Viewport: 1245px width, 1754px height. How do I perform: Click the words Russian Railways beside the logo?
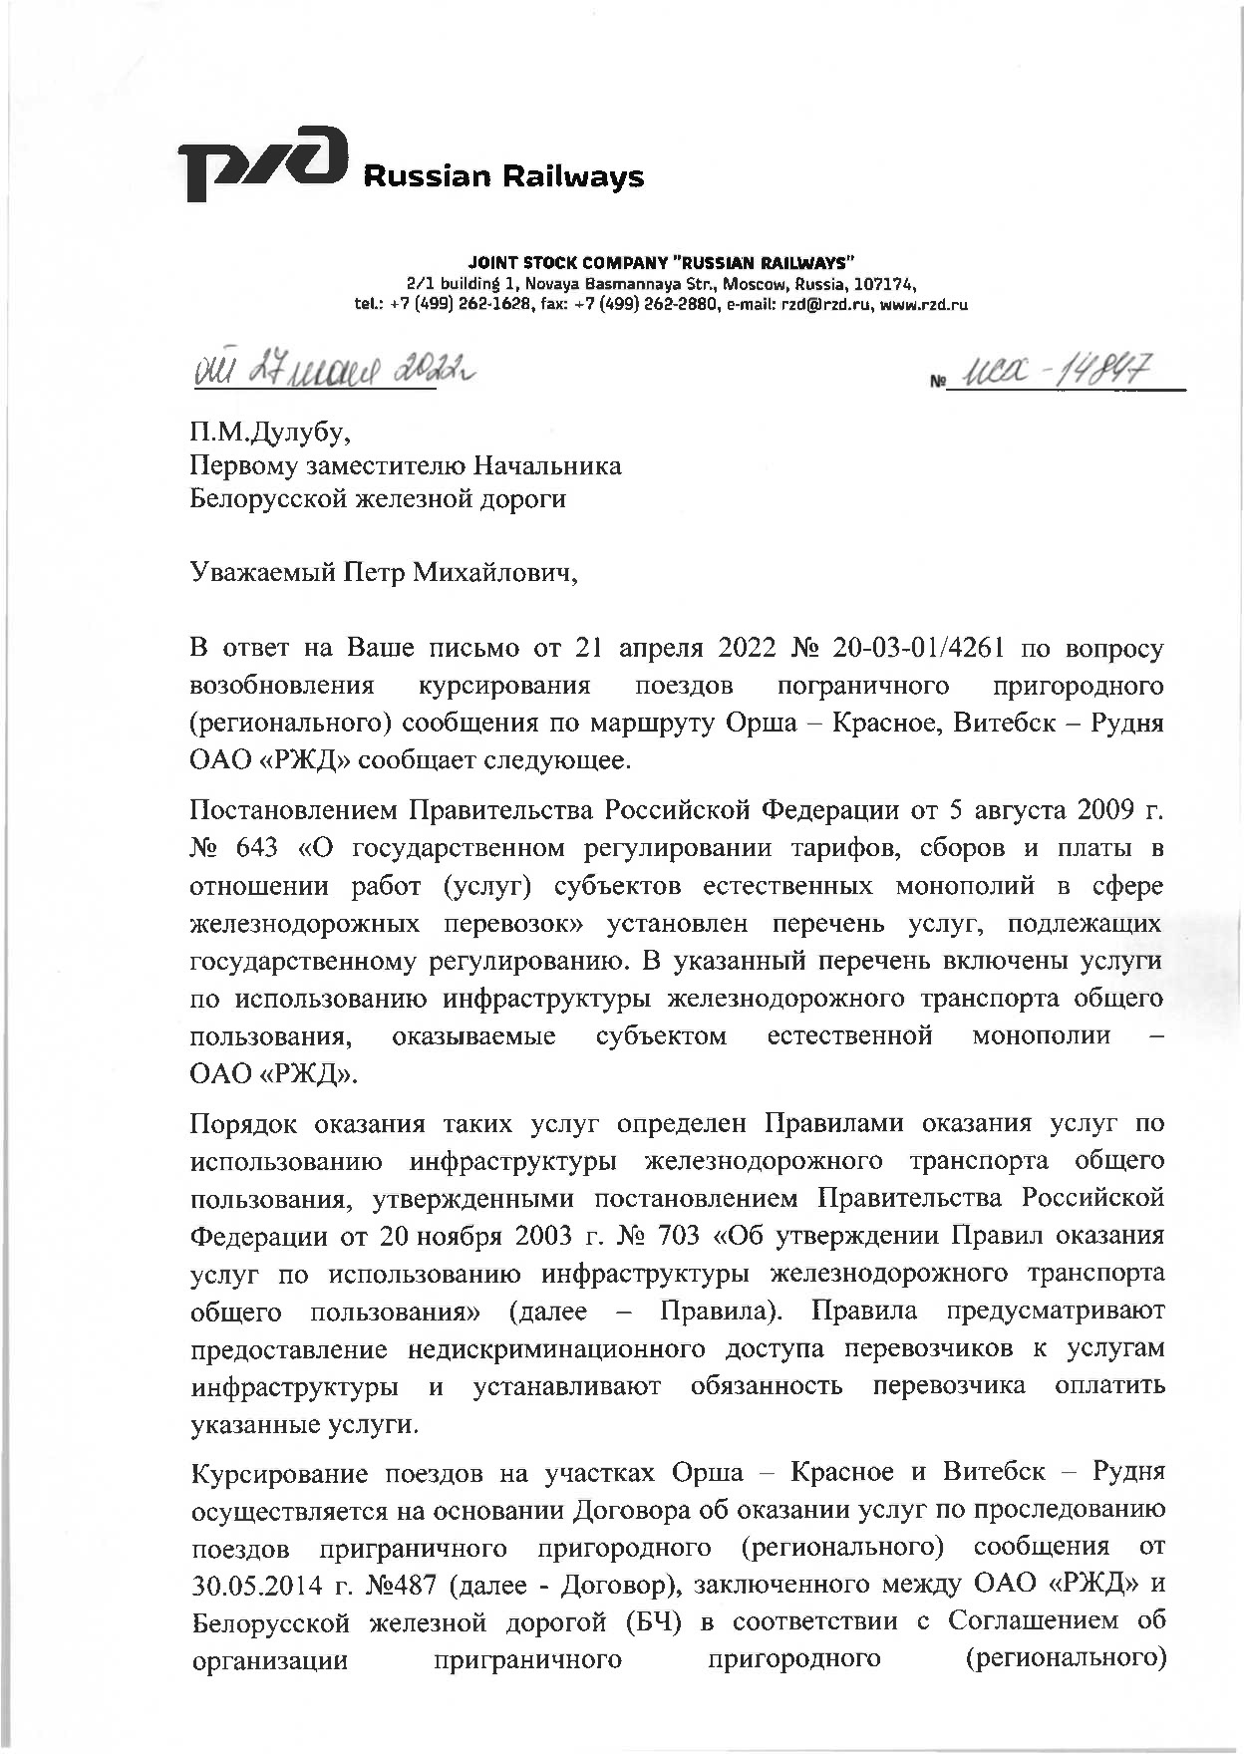pos(503,177)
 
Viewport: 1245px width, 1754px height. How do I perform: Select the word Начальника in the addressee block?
pos(546,465)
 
